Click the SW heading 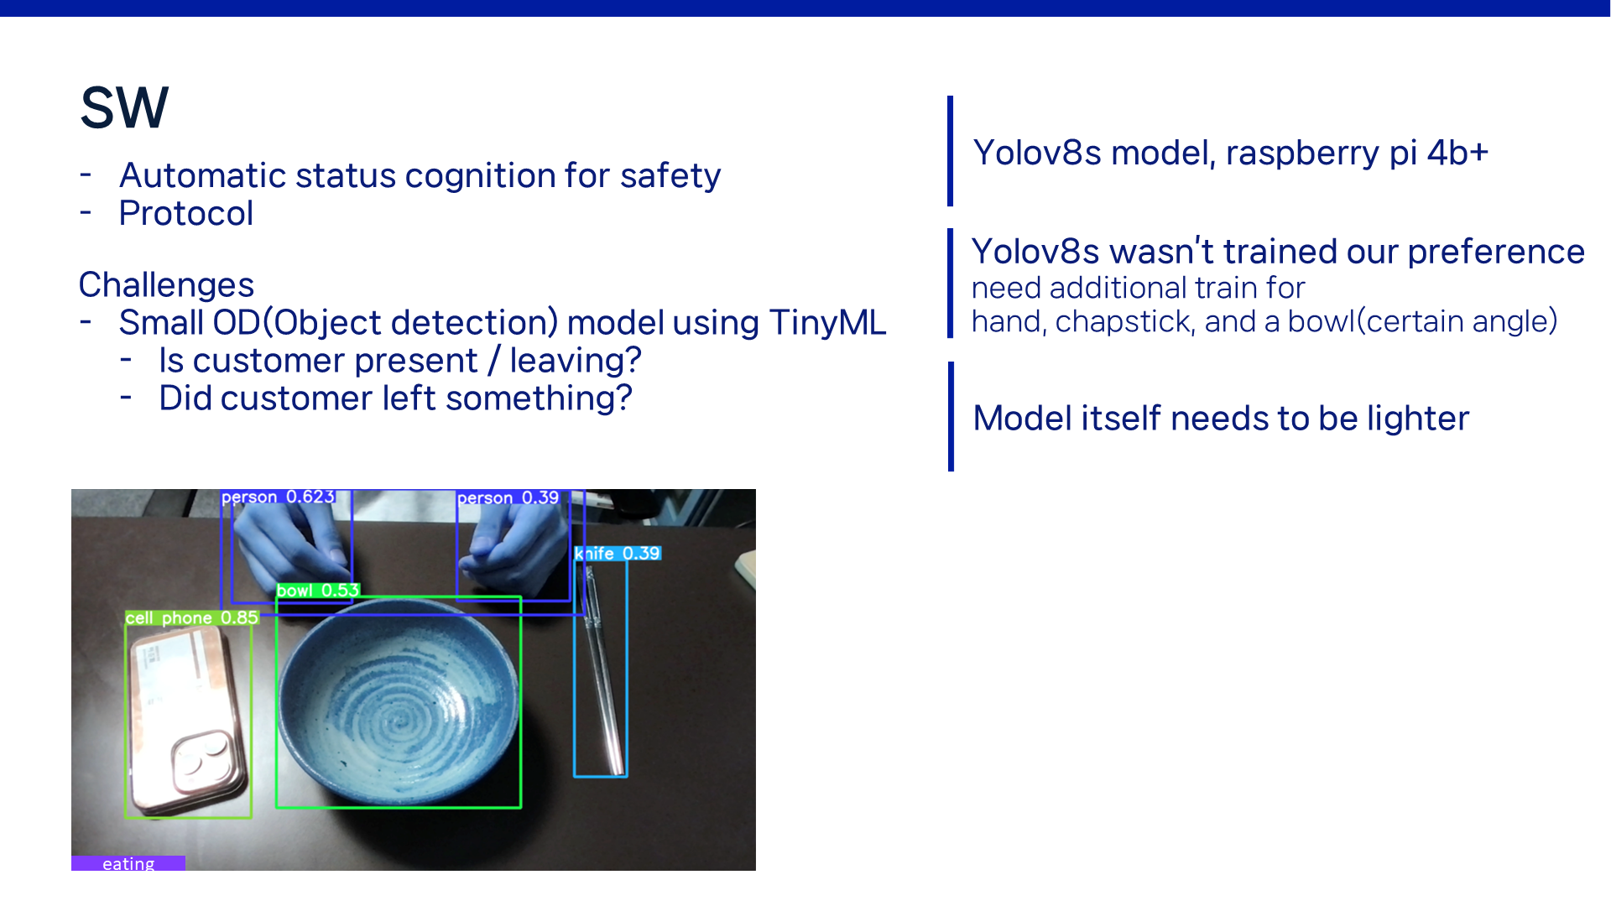pos(124,108)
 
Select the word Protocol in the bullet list pos(186,213)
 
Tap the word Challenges pos(166,285)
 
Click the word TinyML pos(827,322)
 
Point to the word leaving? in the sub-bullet pos(576,361)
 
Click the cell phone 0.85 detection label pos(192,618)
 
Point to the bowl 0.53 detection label pos(318,591)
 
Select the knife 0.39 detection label pos(618,554)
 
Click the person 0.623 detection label pos(278,497)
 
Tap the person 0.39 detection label pos(508,497)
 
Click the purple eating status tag pos(128,863)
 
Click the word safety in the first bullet pos(670,176)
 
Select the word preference pos(1496,252)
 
